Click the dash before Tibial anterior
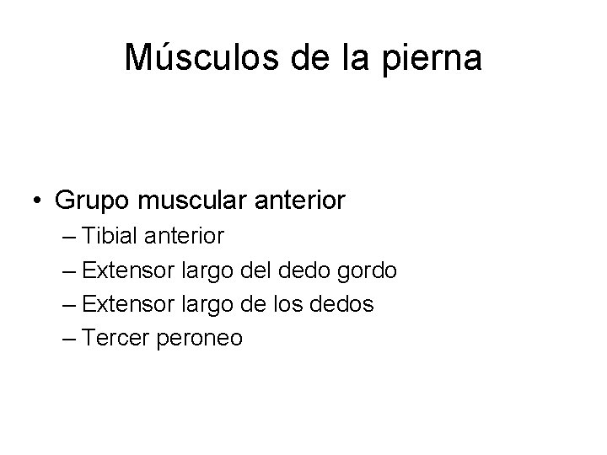tap(69, 237)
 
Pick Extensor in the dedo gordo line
tap(126, 270)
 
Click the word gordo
tap(366, 270)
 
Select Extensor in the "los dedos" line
tap(126, 304)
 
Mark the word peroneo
tap(200, 338)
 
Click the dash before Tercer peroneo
tap(69, 338)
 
